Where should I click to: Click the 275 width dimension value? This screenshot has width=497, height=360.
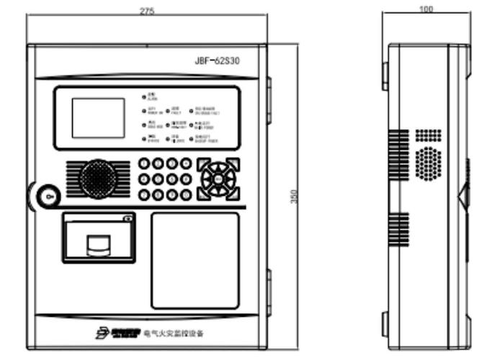coord(148,10)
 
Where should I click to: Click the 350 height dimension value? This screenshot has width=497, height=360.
coord(293,196)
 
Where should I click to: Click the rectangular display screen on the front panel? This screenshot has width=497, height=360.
coord(97,117)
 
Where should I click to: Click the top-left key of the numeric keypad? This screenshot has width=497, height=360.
coord(145,164)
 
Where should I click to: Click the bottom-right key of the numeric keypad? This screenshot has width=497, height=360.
coord(186,194)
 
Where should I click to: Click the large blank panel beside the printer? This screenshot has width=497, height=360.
coord(194,260)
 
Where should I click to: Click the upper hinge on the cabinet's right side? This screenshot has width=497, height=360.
coord(269,94)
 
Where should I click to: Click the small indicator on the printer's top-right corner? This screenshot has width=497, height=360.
coord(126,219)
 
